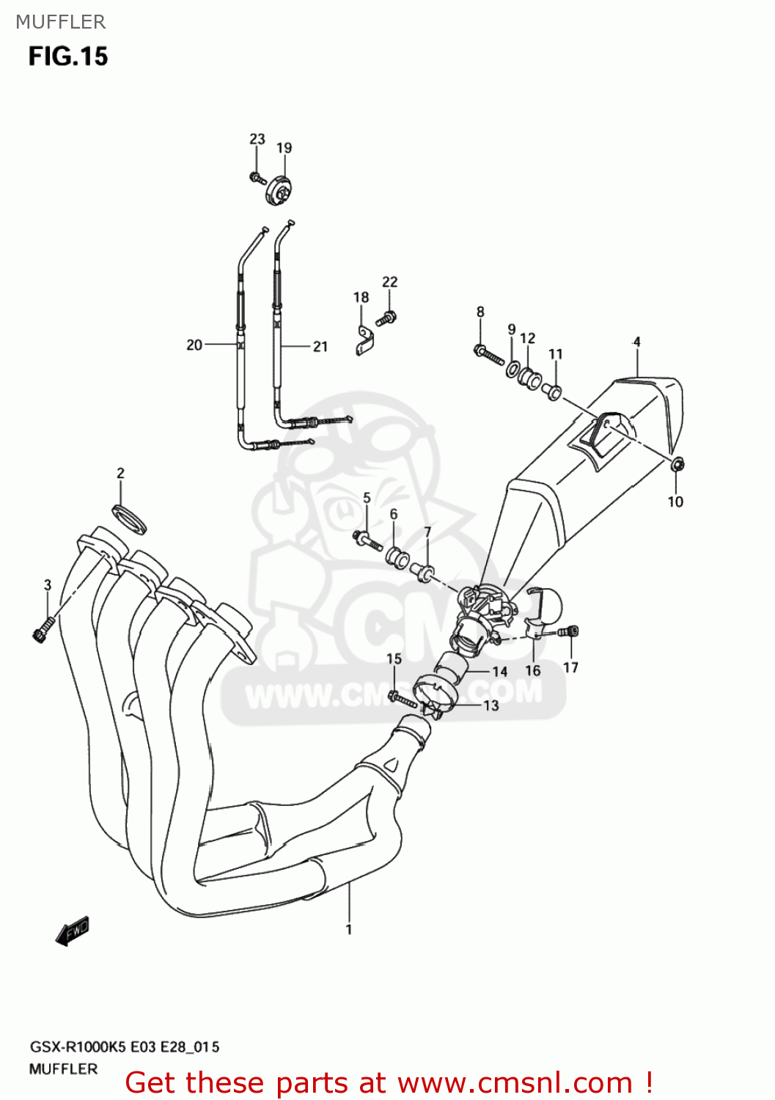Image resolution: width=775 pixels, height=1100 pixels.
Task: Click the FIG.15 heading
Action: coord(68,56)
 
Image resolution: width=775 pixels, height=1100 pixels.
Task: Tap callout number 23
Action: coord(257,139)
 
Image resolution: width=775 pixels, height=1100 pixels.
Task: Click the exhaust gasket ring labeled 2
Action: coord(130,518)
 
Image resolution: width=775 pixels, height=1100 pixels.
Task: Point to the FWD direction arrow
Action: coord(73,931)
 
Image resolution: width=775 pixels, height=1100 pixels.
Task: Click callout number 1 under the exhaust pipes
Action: coord(349,929)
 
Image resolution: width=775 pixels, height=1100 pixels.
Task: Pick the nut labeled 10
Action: coord(677,463)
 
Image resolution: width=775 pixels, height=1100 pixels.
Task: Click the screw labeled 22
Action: coord(386,318)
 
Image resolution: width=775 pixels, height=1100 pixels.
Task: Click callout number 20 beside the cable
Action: coord(194,345)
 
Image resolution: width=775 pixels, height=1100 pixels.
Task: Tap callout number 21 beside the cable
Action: coord(320,346)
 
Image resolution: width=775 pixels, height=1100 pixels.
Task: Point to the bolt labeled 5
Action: coord(367,541)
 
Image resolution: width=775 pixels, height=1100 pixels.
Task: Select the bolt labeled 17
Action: coord(571,631)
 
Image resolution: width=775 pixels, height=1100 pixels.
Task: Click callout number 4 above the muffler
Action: coord(636,342)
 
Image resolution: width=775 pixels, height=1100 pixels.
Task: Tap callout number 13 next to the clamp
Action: coord(491,705)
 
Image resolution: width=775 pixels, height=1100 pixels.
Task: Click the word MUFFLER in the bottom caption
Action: coord(63,1068)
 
